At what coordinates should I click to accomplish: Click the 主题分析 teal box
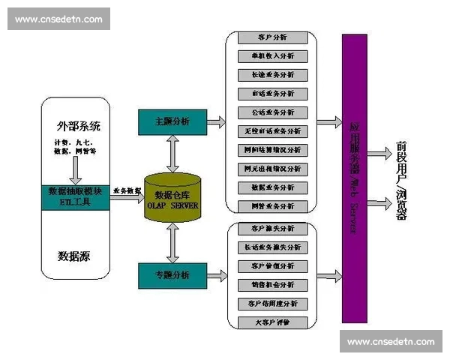point(172,121)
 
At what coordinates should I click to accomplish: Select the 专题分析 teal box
point(172,275)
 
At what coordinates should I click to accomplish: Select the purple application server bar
point(354,178)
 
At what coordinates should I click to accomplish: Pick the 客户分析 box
point(272,37)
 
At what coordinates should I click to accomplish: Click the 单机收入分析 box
point(272,56)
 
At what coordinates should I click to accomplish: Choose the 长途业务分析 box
point(272,75)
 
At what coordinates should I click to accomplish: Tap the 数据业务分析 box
point(272,187)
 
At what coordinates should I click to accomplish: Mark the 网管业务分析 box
point(272,206)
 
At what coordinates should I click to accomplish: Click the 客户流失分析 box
point(272,228)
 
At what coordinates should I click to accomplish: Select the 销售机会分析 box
point(272,285)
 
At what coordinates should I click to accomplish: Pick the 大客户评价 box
point(272,322)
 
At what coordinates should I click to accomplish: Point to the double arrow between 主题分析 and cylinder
point(172,154)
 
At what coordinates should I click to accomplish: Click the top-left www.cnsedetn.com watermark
point(58,19)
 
